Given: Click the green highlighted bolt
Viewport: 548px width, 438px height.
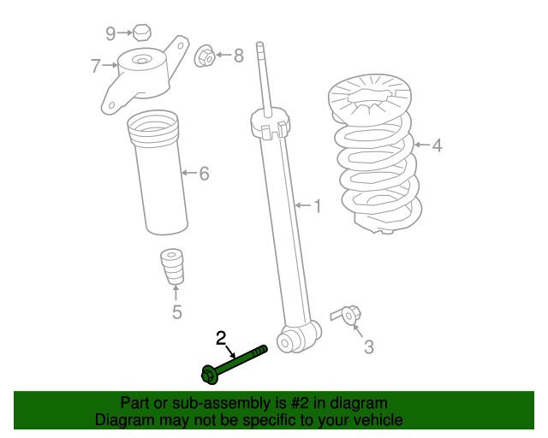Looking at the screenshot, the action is coord(234,365).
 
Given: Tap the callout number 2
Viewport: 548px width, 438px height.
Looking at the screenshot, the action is coord(221,338).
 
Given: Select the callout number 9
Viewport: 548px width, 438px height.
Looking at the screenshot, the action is coord(110,33).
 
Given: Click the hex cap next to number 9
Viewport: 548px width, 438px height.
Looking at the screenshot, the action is coord(142,33).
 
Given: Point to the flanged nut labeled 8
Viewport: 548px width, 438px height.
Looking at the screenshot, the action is coord(205,56).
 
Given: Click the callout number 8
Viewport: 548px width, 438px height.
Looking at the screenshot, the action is coord(239,56).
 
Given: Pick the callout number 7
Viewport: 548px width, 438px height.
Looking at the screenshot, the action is coord(96,66).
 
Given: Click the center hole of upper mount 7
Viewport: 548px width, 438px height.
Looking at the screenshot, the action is coord(141,61).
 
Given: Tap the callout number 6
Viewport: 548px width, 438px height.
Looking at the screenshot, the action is coord(204,174).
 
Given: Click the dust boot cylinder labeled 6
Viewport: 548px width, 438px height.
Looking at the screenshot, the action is coord(158,173).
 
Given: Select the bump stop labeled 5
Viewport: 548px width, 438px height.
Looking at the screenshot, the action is coord(172,267).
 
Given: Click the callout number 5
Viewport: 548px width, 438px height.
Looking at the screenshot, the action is coord(177,312).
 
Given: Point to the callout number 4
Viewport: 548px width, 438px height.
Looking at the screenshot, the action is coord(437,145).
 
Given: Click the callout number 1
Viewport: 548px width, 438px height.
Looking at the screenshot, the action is coord(318,206).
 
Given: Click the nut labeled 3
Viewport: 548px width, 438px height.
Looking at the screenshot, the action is coord(350,315).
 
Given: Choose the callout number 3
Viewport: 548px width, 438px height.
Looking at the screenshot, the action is coord(369,347).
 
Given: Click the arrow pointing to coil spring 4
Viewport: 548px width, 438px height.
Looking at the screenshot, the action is coord(422,145).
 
